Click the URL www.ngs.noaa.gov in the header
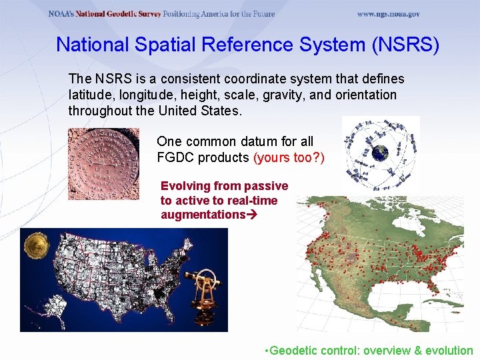tap(388, 14)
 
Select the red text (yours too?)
tap(289, 157)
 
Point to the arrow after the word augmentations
tap(253, 215)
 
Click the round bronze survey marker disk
tap(103, 164)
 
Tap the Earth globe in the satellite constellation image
tap(380, 153)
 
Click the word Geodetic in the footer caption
tap(293, 350)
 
